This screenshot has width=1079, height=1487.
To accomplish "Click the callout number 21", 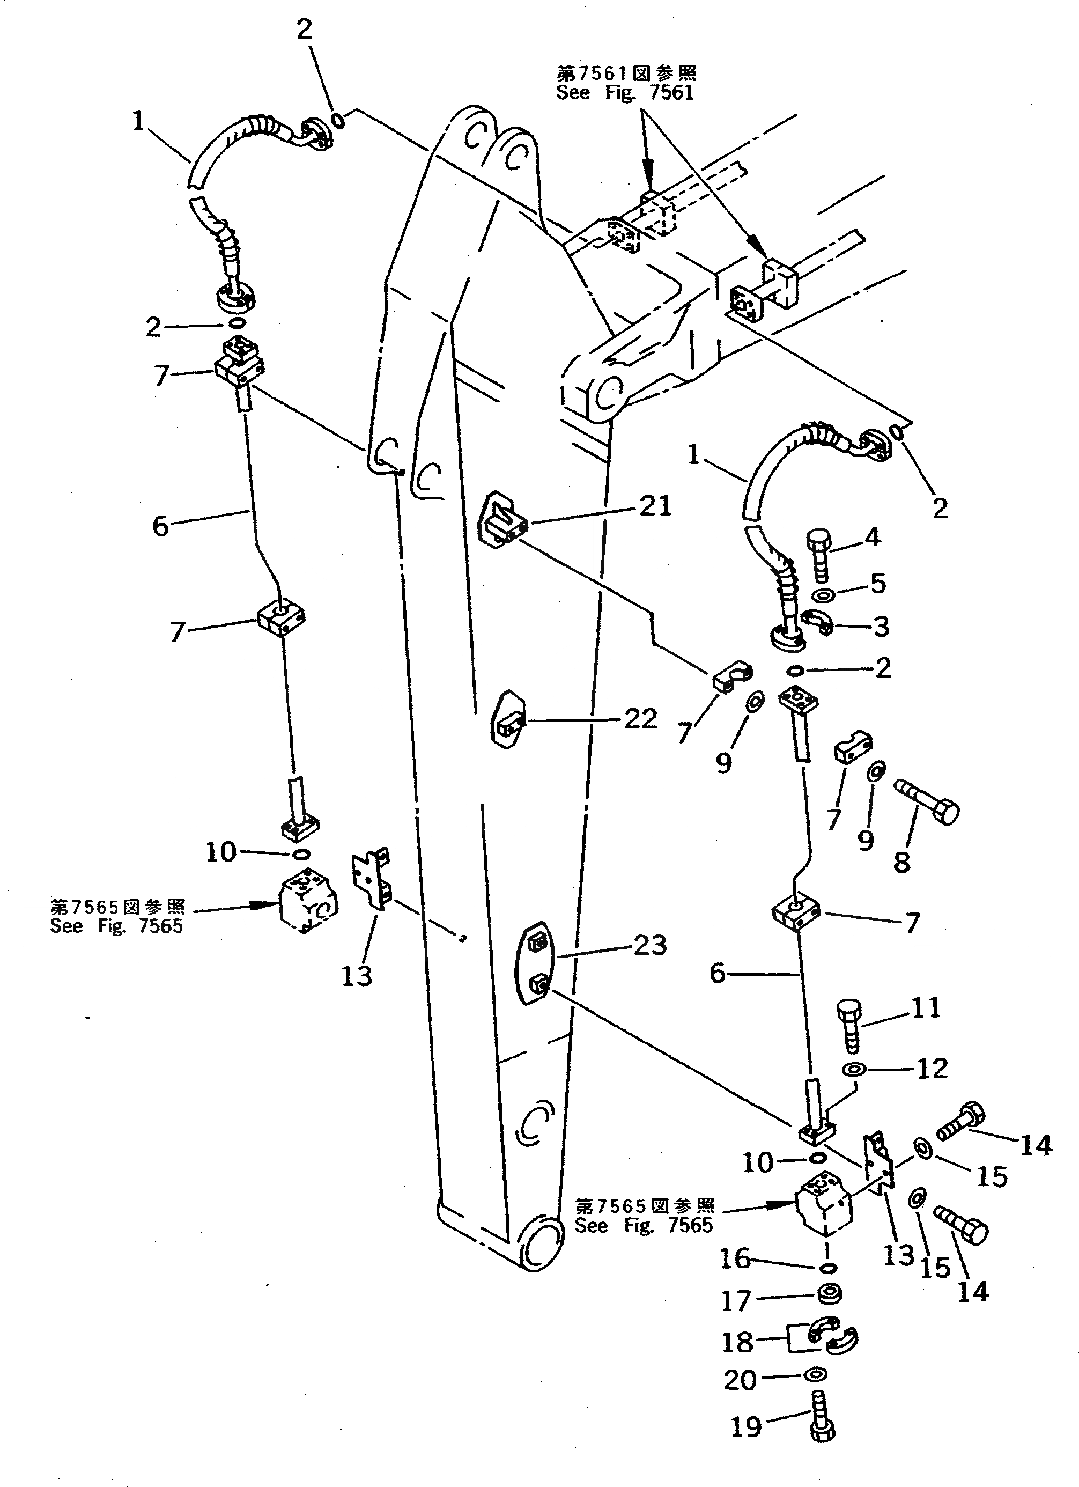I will pos(654,506).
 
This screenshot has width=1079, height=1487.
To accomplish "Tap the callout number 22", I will pos(640,719).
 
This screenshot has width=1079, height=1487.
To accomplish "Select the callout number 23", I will pos(649,945).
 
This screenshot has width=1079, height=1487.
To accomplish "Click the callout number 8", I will pos(902,862).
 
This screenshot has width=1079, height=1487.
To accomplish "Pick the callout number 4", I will pos(872,537).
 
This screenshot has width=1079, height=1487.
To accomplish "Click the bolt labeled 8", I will pos(926,801).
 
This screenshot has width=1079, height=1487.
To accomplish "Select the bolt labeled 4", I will pos(819,555).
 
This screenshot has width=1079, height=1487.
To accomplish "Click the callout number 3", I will pos(881,627).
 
